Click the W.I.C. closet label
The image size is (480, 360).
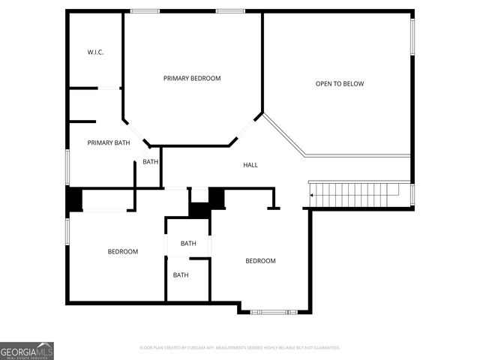[x=94, y=52]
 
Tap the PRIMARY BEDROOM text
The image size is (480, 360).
[x=192, y=78]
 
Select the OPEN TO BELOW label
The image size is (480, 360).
[x=339, y=84]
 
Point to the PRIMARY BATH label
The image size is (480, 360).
[x=109, y=142]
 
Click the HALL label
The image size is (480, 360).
[x=250, y=165]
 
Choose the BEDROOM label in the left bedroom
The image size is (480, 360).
[x=122, y=252]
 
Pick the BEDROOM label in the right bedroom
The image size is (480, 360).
[x=260, y=261]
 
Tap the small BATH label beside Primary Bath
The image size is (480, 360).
[x=151, y=161]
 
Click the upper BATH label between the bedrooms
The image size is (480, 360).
[x=188, y=243]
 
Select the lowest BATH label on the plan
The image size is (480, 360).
[x=181, y=275]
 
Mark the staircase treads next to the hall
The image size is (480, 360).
[x=360, y=193]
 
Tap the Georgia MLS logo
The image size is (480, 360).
[x=27, y=350]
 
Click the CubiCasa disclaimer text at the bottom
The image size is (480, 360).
[x=240, y=348]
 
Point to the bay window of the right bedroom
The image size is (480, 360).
[x=274, y=311]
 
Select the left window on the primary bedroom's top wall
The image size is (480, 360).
[x=145, y=11]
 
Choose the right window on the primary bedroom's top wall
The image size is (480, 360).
[x=230, y=11]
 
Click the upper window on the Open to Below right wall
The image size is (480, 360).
[x=412, y=36]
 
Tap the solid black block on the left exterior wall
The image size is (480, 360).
[x=74, y=199]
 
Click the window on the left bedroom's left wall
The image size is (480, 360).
[x=67, y=230]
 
